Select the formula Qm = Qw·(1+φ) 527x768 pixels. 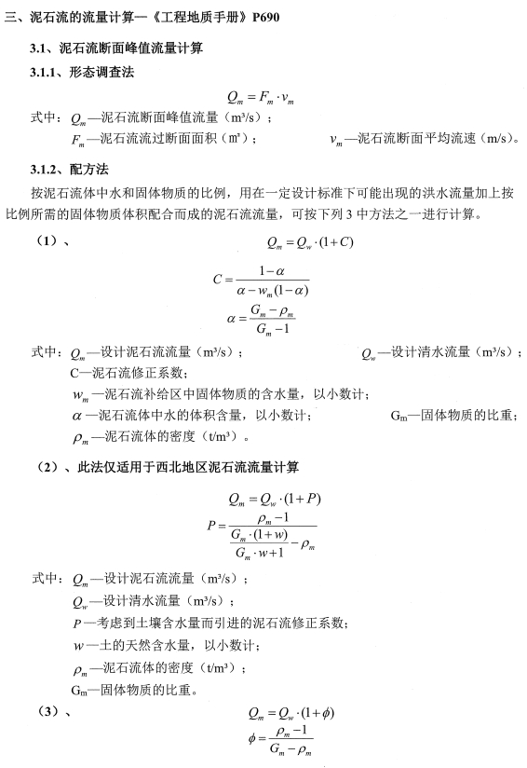pos(291,714)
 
